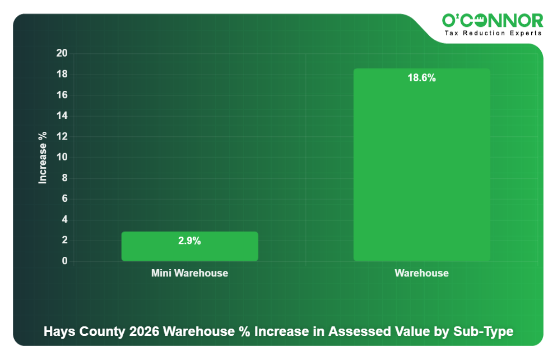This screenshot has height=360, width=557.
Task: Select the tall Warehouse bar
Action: (x=421, y=168)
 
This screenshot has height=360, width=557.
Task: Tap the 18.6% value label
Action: (x=421, y=79)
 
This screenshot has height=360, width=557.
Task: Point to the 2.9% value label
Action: (x=189, y=241)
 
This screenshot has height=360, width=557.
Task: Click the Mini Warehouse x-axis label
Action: (x=189, y=274)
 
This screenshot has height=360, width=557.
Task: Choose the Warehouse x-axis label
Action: (x=421, y=274)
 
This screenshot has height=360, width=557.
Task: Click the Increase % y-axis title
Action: (x=43, y=158)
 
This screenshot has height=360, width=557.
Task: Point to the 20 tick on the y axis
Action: (x=62, y=54)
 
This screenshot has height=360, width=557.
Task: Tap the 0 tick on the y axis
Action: (x=64, y=261)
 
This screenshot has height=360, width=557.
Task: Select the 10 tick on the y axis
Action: (x=62, y=158)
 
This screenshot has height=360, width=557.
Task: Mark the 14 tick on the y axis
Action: (x=62, y=116)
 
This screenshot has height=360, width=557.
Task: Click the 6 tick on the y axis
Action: (x=64, y=199)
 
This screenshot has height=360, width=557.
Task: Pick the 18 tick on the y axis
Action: (x=62, y=75)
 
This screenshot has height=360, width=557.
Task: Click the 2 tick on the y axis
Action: (x=64, y=241)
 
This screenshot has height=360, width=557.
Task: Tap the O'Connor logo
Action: (x=492, y=21)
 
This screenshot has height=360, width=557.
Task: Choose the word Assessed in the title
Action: (x=355, y=331)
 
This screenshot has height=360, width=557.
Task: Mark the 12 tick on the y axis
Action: (x=62, y=137)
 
